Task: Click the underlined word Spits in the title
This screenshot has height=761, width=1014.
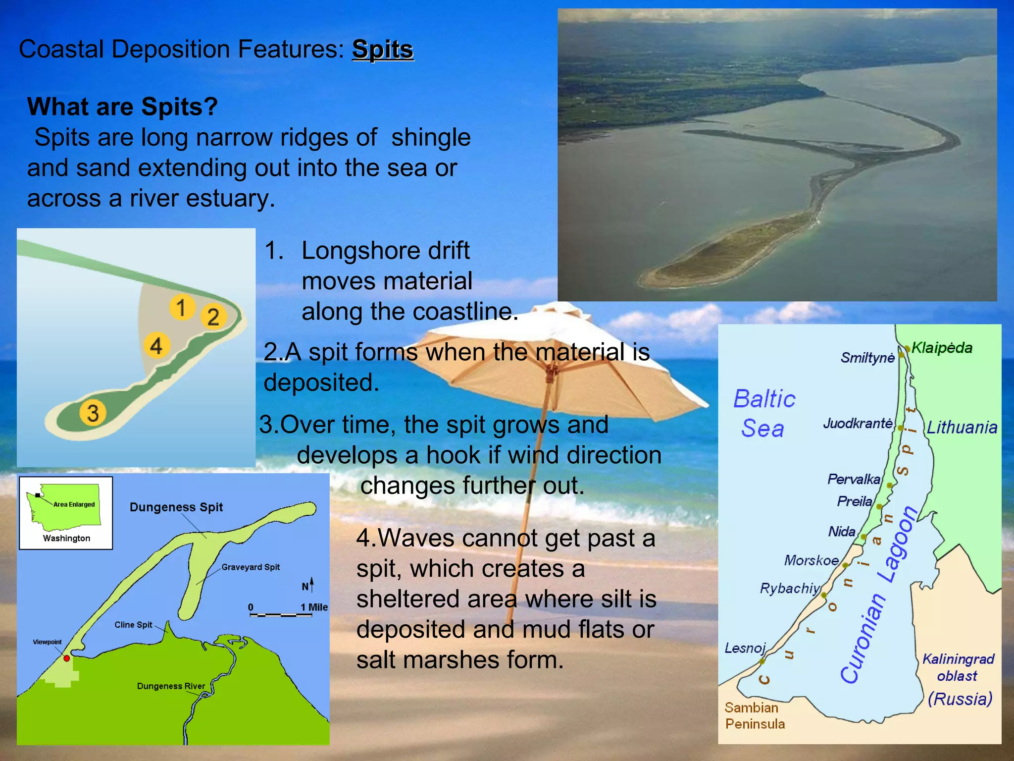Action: tap(383, 50)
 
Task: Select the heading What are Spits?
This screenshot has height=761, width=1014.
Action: tap(122, 107)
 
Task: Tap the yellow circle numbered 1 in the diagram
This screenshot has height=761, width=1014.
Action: tap(182, 307)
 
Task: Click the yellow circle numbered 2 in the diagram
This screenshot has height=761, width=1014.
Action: tap(213, 317)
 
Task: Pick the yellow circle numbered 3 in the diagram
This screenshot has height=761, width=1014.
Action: tap(93, 413)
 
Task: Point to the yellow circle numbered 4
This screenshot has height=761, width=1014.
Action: tap(156, 345)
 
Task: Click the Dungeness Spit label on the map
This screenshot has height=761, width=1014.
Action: tap(176, 507)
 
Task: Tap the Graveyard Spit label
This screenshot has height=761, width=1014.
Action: tap(251, 567)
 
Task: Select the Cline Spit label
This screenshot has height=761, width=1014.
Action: tap(133, 625)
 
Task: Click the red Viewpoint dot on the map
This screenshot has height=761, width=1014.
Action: tap(67, 658)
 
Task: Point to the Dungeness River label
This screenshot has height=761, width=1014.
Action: tap(171, 686)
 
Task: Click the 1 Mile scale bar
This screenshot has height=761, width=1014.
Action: tap(281, 615)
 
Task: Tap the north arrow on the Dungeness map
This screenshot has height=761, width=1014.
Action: tap(311, 585)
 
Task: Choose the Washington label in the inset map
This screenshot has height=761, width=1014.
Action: tap(66, 539)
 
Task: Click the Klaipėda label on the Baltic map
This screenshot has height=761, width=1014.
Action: tap(942, 348)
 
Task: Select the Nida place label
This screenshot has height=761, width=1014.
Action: tap(842, 532)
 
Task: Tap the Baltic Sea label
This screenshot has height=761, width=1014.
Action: tap(764, 414)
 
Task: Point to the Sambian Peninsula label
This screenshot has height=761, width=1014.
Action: tap(755, 716)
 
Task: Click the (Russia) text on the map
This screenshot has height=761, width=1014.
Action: tap(960, 699)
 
